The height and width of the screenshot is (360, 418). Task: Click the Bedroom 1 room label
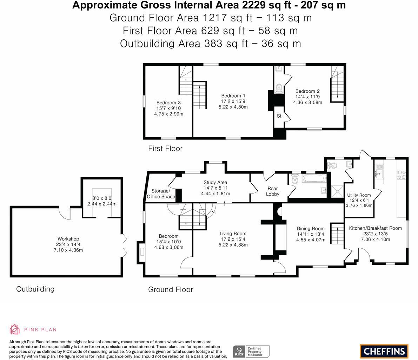coord(233,96)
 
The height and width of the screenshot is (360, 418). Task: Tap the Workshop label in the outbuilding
coord(68,239)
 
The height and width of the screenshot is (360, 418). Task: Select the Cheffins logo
coord(384,351)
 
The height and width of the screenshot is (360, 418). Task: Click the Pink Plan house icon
coord(14,329)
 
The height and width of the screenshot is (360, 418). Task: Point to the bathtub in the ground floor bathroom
coord(314,178)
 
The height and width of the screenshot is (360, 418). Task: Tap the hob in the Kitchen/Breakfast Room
coord(402,175)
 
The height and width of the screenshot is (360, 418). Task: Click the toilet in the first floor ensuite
coord(279,87)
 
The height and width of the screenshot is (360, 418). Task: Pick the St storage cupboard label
coord(279,116)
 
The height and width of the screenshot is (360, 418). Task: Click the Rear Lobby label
coord(272,191)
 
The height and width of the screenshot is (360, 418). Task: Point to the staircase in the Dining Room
coord(337,234)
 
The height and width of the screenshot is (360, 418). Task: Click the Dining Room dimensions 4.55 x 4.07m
coord(311,240)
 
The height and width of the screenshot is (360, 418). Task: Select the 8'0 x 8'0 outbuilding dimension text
coord(102,198)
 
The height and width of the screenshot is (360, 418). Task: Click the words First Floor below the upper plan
coord(165,149)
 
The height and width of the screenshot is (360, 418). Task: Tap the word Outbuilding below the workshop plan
coord(35,289)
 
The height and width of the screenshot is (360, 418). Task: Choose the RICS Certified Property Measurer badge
coord(251,352)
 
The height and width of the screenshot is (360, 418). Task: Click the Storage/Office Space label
coord(161,194)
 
